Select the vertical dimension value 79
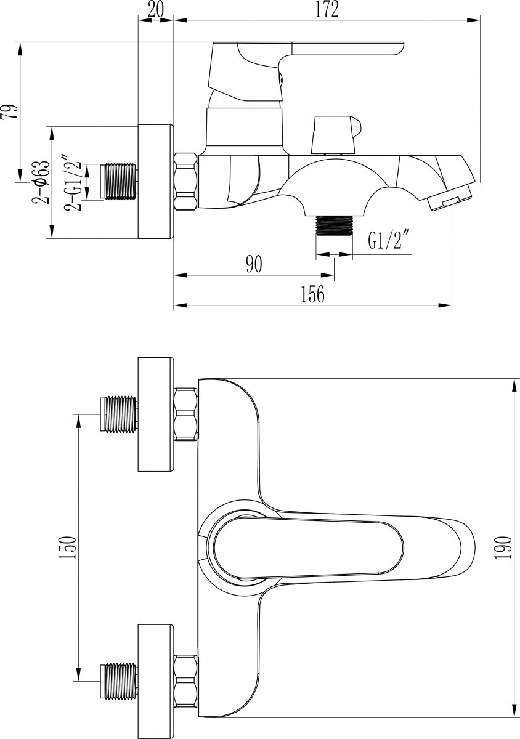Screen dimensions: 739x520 tap(10, 112)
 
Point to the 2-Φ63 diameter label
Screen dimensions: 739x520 tap(41, 182)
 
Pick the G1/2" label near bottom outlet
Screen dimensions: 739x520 tap(389, 240)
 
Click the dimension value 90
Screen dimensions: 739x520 tap(254, 265)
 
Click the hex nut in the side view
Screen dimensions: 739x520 tap(187, 182)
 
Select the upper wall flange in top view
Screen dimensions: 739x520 tap(156, 414)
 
